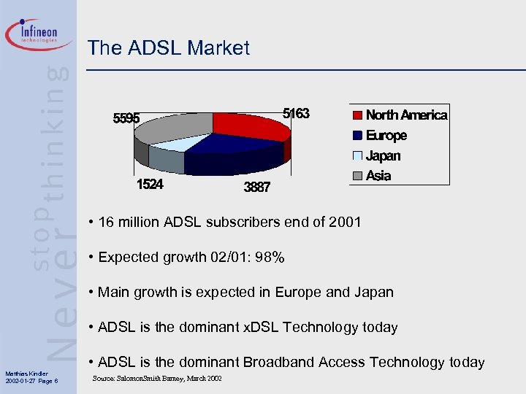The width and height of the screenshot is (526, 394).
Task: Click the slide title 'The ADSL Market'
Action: [x=169, y=49]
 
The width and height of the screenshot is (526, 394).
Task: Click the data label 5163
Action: [x=296, y=114]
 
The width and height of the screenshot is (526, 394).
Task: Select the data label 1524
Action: [x=150, y=185]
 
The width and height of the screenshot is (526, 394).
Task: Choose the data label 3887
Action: [x=256, y=188]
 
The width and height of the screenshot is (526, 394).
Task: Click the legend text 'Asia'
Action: [x=378, y=176]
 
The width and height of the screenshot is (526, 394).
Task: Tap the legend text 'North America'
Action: [x=406, y=115]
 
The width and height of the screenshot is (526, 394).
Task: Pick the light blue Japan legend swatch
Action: [x=357, y=156]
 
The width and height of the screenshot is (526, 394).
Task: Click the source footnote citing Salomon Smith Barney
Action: [x=157, y=378]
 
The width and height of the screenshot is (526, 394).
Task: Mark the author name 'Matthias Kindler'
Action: [x=26, y=374]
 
